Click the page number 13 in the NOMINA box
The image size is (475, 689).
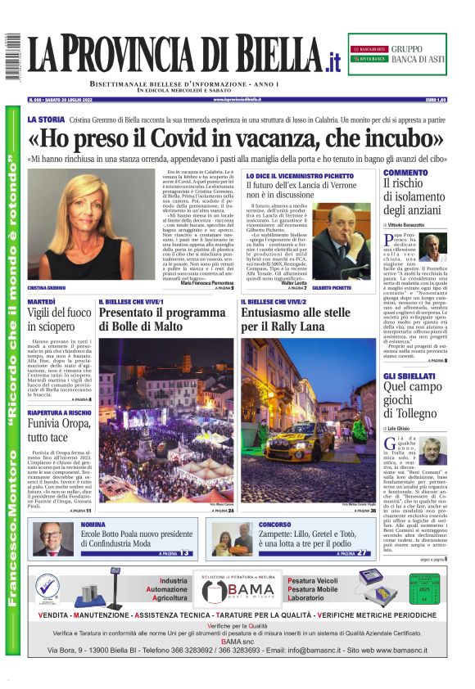click(185, 553)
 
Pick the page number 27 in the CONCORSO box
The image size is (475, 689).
click(361, 553)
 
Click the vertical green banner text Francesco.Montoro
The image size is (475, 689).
click(12, 532)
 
